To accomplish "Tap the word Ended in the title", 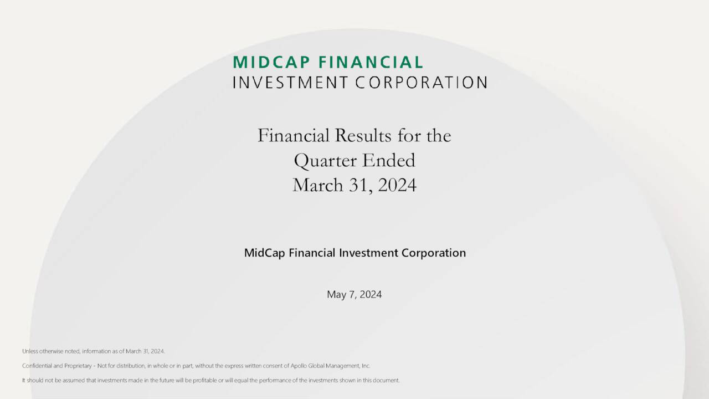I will click(x=388, y=161).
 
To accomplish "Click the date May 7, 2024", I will click(x=354, y=294).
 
